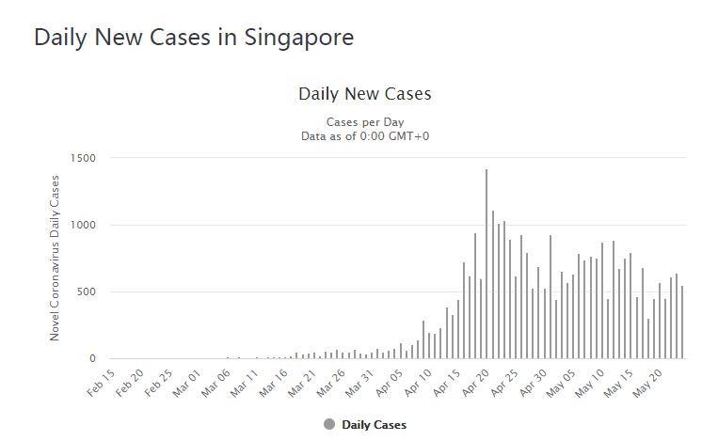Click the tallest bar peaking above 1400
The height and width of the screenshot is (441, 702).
[x=487, y=264]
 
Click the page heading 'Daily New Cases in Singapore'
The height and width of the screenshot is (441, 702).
[x=194, y=38]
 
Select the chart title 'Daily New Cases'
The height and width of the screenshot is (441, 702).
[x=364, y=94]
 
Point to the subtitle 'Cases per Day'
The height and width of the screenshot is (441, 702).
[x=364, y=122]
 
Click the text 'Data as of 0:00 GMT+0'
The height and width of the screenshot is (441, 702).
[x=364, y=136]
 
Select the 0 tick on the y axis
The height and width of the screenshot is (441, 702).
[x=92, y=358]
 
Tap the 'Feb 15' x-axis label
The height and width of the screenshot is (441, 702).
[x=101, y=385]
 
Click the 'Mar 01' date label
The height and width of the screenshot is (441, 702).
[x=188, y=385]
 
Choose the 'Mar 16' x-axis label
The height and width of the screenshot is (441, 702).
[x=275, y=385]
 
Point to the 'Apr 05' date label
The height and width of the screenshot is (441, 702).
[x=391, y=385]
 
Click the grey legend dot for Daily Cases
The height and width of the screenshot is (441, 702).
[x=329, y=424]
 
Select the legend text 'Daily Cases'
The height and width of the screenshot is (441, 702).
[x=374, y=425]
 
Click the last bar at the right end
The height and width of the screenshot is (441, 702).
[x=682, y=323]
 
